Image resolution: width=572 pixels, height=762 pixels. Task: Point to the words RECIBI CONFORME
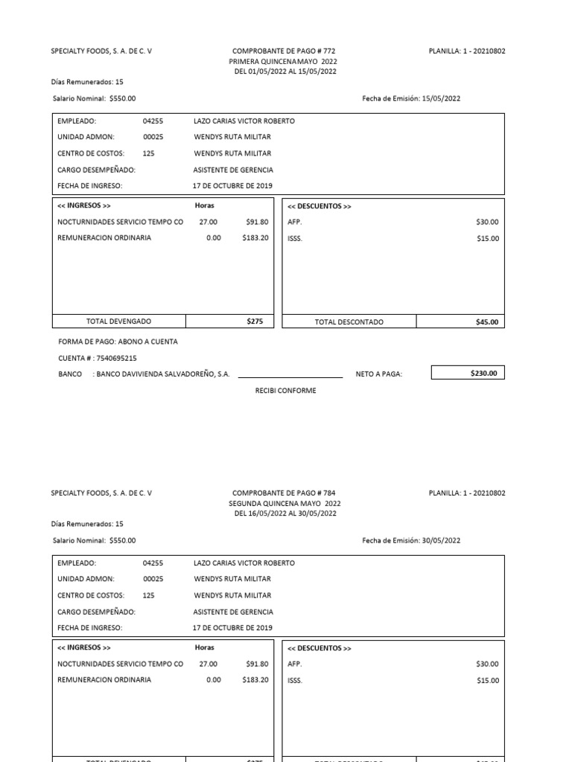(x=285, y=391)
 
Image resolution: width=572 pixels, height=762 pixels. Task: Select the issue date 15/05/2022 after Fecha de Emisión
(x=441, y=98)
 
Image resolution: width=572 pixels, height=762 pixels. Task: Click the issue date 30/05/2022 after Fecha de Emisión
(x=441, y=540)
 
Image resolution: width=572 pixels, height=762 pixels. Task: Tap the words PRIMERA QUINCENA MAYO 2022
(x=283, y=62)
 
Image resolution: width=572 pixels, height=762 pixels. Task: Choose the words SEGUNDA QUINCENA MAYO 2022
(x=285, y=503)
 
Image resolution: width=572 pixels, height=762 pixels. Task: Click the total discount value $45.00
(x=487, y=322)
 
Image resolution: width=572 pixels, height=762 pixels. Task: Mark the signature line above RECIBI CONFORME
(x=290, y=378)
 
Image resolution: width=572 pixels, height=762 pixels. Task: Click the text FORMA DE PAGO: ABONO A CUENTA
(x=118, y=342)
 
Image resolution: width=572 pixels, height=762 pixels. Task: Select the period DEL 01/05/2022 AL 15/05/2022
(x=285, y=71)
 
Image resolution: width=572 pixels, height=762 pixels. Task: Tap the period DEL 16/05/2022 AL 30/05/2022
(x=285, y=513)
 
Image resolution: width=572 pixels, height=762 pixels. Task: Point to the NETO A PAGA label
(x=378, y=374)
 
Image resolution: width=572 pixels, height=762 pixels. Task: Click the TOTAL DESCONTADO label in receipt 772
(x=349, y=322)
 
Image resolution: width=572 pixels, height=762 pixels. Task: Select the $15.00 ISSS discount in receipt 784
(x=488, y=680)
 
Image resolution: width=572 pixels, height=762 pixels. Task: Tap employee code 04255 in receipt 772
(x=153, y=121)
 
